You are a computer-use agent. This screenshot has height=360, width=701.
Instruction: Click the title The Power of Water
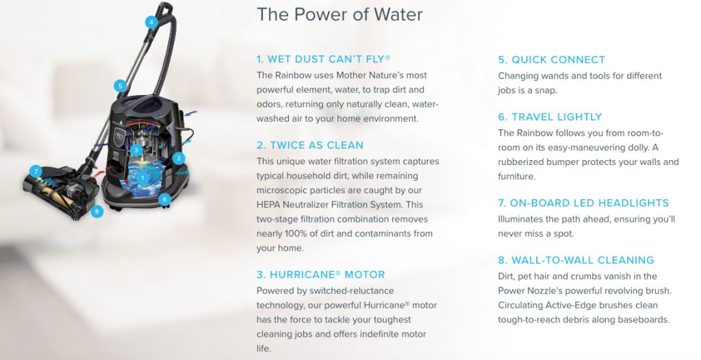[340, 14]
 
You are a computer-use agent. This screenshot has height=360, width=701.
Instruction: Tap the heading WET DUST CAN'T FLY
[323, 59]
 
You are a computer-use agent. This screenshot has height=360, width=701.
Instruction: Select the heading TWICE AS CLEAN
[310, 145]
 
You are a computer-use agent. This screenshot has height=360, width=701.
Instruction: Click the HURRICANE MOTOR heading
[320, 274]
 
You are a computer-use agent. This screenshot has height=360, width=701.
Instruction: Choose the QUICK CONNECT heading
[552, 60]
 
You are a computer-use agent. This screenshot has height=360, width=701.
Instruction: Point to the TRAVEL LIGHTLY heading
[550, 117]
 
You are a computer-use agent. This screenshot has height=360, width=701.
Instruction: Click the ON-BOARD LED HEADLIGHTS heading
[583, 203]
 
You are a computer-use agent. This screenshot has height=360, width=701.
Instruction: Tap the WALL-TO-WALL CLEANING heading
[576, 260]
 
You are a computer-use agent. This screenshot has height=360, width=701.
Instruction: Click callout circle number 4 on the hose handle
[151, 22]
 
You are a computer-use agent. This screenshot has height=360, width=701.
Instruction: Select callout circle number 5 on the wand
[120, 86]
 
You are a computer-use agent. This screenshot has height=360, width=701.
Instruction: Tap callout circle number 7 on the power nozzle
[36, 171]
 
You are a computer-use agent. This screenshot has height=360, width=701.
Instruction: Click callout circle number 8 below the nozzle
[97, 211]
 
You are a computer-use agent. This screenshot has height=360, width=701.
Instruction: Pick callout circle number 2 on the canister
[179, 158]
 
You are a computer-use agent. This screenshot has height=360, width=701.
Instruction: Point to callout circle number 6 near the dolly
[164, 199]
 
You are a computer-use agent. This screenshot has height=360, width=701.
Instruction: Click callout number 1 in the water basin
[142, 177]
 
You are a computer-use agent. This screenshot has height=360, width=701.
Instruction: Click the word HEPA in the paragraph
[268, 205]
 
